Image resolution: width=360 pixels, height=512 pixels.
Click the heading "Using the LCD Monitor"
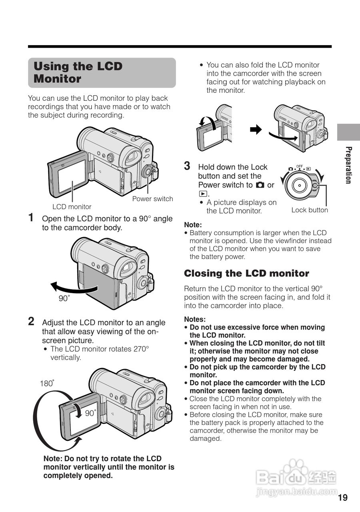point(78,72)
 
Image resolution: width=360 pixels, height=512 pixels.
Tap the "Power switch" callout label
point(152,199)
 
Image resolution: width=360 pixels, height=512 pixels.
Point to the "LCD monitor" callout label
point(72,207)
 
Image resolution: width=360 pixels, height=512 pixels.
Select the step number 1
point(31,218)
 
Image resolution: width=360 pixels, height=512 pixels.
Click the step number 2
point(31,321)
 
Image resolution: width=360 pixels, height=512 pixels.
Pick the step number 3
point(187,166)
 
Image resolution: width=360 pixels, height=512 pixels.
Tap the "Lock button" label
point(309,210)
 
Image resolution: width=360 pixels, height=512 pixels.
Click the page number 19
point(343,498)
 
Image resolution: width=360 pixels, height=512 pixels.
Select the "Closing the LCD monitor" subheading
point(246,274)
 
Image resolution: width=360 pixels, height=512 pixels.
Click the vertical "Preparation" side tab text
point(348,165)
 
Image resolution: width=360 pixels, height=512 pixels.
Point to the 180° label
point(47,383)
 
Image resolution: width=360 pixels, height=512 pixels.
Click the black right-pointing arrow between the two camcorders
point(255,129)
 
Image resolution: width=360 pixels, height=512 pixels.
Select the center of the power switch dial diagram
point(300,185)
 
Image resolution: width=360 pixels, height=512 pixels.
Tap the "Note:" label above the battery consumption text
point(193,225)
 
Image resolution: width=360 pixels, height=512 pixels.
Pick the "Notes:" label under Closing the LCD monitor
point(195,319)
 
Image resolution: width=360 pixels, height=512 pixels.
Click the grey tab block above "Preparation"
point(348,132)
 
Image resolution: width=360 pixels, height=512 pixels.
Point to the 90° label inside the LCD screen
point(90,413)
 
